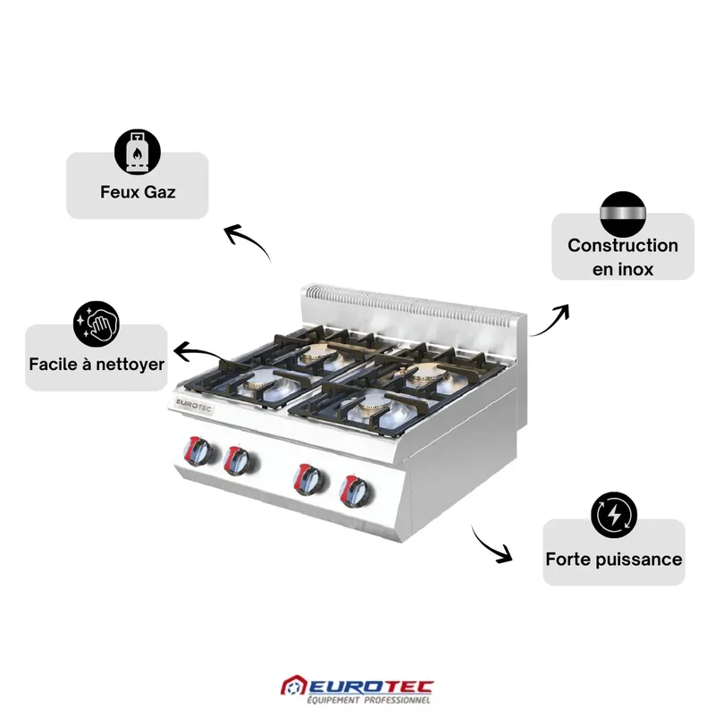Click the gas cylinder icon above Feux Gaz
coord(138,152)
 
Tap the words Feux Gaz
coord(138,192)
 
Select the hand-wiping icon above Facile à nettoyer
coord(97,324)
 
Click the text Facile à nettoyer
coord(97,365)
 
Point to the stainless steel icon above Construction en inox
coord(623,214)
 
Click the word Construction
coord(623,245)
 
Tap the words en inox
coord(623,269)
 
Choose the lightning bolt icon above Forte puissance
coord(614,515)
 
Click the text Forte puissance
coord(614,559)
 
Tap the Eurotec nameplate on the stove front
coord(194,406)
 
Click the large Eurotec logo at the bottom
coord(357,690)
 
